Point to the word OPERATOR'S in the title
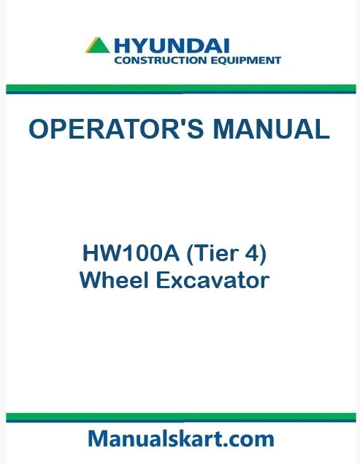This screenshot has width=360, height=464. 117,129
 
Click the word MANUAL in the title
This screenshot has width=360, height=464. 271,129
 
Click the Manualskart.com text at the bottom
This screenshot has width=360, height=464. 180,438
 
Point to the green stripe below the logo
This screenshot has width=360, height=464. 180,88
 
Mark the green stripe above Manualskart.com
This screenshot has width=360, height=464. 180,416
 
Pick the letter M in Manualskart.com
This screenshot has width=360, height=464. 99,438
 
